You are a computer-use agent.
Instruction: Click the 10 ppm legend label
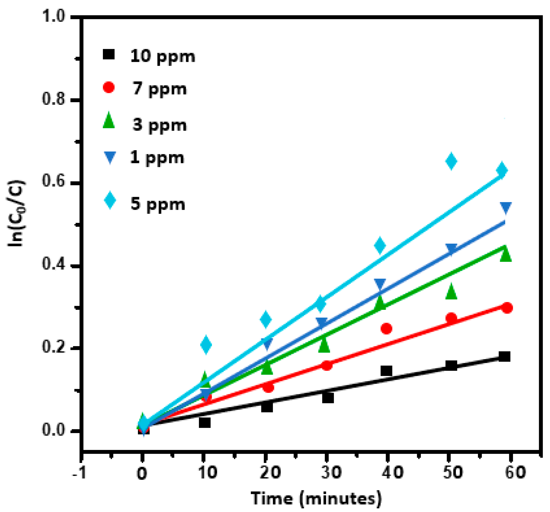[x=163, y=56]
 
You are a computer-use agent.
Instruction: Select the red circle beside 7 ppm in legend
[x=109, y=87]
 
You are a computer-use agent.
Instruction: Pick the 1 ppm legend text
[x=157, y=158]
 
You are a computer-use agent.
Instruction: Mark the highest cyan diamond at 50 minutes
[x=451, y=161]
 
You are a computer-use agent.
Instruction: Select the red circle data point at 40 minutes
[x=386, y=329]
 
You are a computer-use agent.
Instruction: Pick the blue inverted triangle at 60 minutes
[x=506, y=207]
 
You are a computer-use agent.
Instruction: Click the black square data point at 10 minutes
[x=204, y=423]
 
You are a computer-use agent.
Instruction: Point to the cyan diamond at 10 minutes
[x=206, y=345]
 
